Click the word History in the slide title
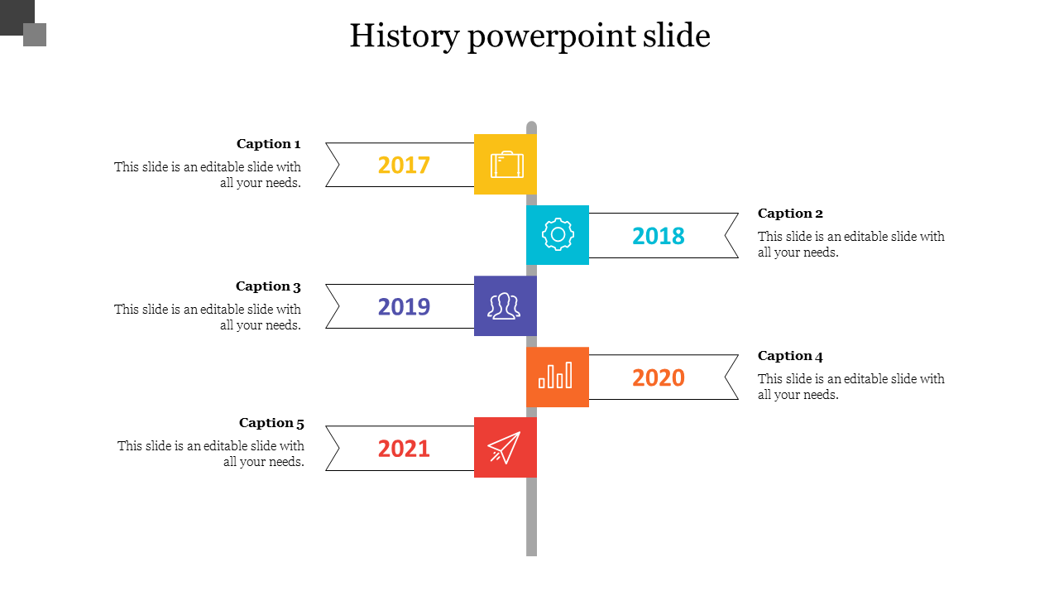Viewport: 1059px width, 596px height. (x=405, y=36)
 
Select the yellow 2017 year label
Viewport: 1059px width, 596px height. (x=404, y=165)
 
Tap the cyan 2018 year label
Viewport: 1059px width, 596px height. (x=658, y=236)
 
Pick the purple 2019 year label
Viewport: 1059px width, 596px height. (x=404, y=306)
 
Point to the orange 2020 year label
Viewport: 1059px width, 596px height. (x=658, y=377)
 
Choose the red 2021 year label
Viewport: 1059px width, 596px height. (x=404, y=449)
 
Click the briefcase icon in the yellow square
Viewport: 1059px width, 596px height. (x=507, y=165)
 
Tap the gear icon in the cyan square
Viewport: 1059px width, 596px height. (x=558, y=234)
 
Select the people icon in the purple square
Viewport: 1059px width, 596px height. (x=504, y=306)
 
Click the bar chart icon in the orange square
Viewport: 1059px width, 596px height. (x=555, y=375)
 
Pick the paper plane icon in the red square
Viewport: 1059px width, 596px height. (x=504, y=448)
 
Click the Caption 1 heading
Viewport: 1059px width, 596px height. (x=269, y=144)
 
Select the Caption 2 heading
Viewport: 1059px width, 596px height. (x=790, y=214)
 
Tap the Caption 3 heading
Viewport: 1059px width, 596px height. (x=268, y=286)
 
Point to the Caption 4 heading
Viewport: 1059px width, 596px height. (x=790, y=356)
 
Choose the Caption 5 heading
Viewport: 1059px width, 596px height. (x=271, y=423)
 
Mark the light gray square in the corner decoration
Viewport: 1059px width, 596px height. (x=35, y=35)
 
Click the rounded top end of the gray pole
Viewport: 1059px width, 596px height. (x=531, y=126)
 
